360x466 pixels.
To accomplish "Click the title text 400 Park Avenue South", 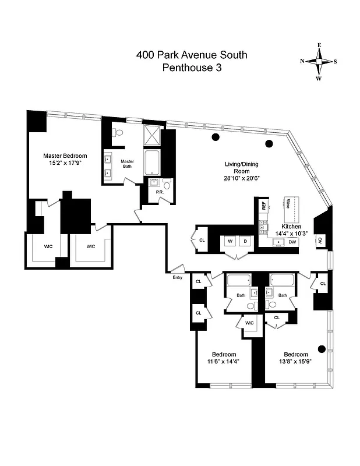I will [192, 55].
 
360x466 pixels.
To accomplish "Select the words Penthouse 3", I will [192, 68].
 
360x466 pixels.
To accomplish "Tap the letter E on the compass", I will [319, 45].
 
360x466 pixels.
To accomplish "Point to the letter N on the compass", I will [302, 61].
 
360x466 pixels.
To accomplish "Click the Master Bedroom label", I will [65, 156].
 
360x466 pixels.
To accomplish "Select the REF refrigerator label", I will [264, 206].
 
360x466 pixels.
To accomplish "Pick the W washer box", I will [230, 241].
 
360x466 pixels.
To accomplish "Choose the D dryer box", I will [245, 241].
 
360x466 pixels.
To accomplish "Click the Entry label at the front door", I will [177, 277].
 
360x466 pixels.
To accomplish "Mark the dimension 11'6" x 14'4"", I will [224, 362].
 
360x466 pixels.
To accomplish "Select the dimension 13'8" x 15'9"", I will [296, 362].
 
